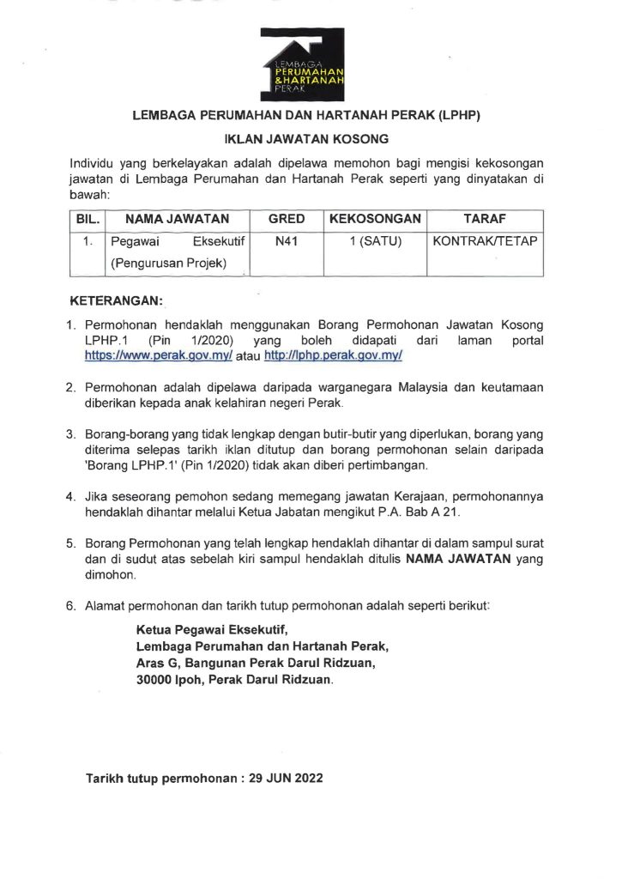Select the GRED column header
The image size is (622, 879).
287,219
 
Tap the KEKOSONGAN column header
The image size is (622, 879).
375,219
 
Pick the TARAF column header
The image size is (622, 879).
484,219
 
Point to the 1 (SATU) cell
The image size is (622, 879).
375,242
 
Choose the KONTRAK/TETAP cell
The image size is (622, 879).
485,242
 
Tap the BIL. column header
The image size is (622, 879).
88,219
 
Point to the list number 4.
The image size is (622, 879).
71,496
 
